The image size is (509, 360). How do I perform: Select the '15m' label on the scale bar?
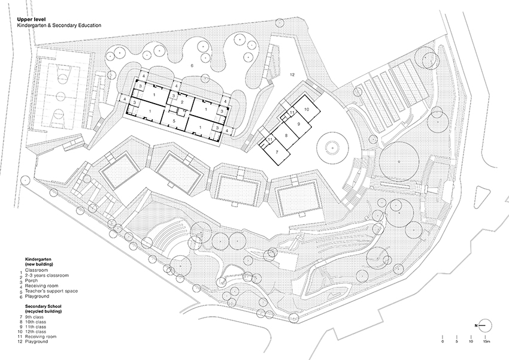click(x=486, y=341)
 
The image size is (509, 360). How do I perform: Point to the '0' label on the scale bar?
click(x=443, y=341)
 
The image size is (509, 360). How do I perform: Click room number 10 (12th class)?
click(x=305, y=110)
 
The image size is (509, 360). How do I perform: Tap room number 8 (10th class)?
click(x=286, y=137)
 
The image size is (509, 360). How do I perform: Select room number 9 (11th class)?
click(x=296, y=123)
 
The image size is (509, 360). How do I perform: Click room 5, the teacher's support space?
click(x=174, y=121)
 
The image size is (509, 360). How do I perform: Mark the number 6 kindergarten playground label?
click(x=192, y=64)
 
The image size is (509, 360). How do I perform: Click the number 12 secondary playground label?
click(x=292, y=74)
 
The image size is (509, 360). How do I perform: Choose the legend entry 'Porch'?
click(x=37, y=281)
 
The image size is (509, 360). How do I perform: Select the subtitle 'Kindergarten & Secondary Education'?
click(x=59, y=26)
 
